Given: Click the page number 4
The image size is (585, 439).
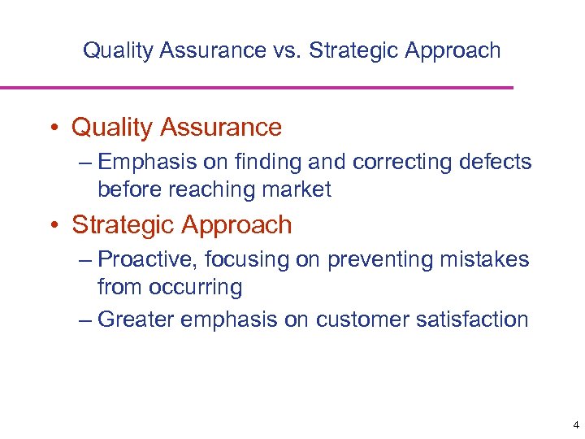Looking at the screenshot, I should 575,425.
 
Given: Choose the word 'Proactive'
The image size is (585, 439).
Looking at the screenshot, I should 148,260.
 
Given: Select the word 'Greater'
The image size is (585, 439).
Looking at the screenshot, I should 135,319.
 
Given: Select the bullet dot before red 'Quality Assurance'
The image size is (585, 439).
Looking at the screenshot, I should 52,128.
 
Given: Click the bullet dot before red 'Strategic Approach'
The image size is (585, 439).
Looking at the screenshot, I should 52,225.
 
